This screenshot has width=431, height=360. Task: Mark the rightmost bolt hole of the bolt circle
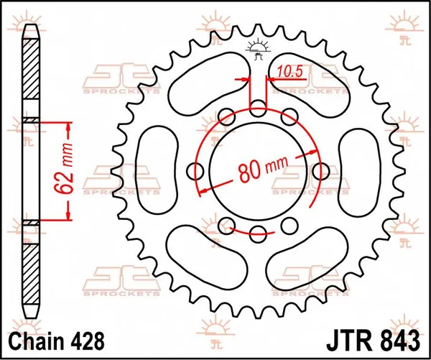(320, 170)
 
